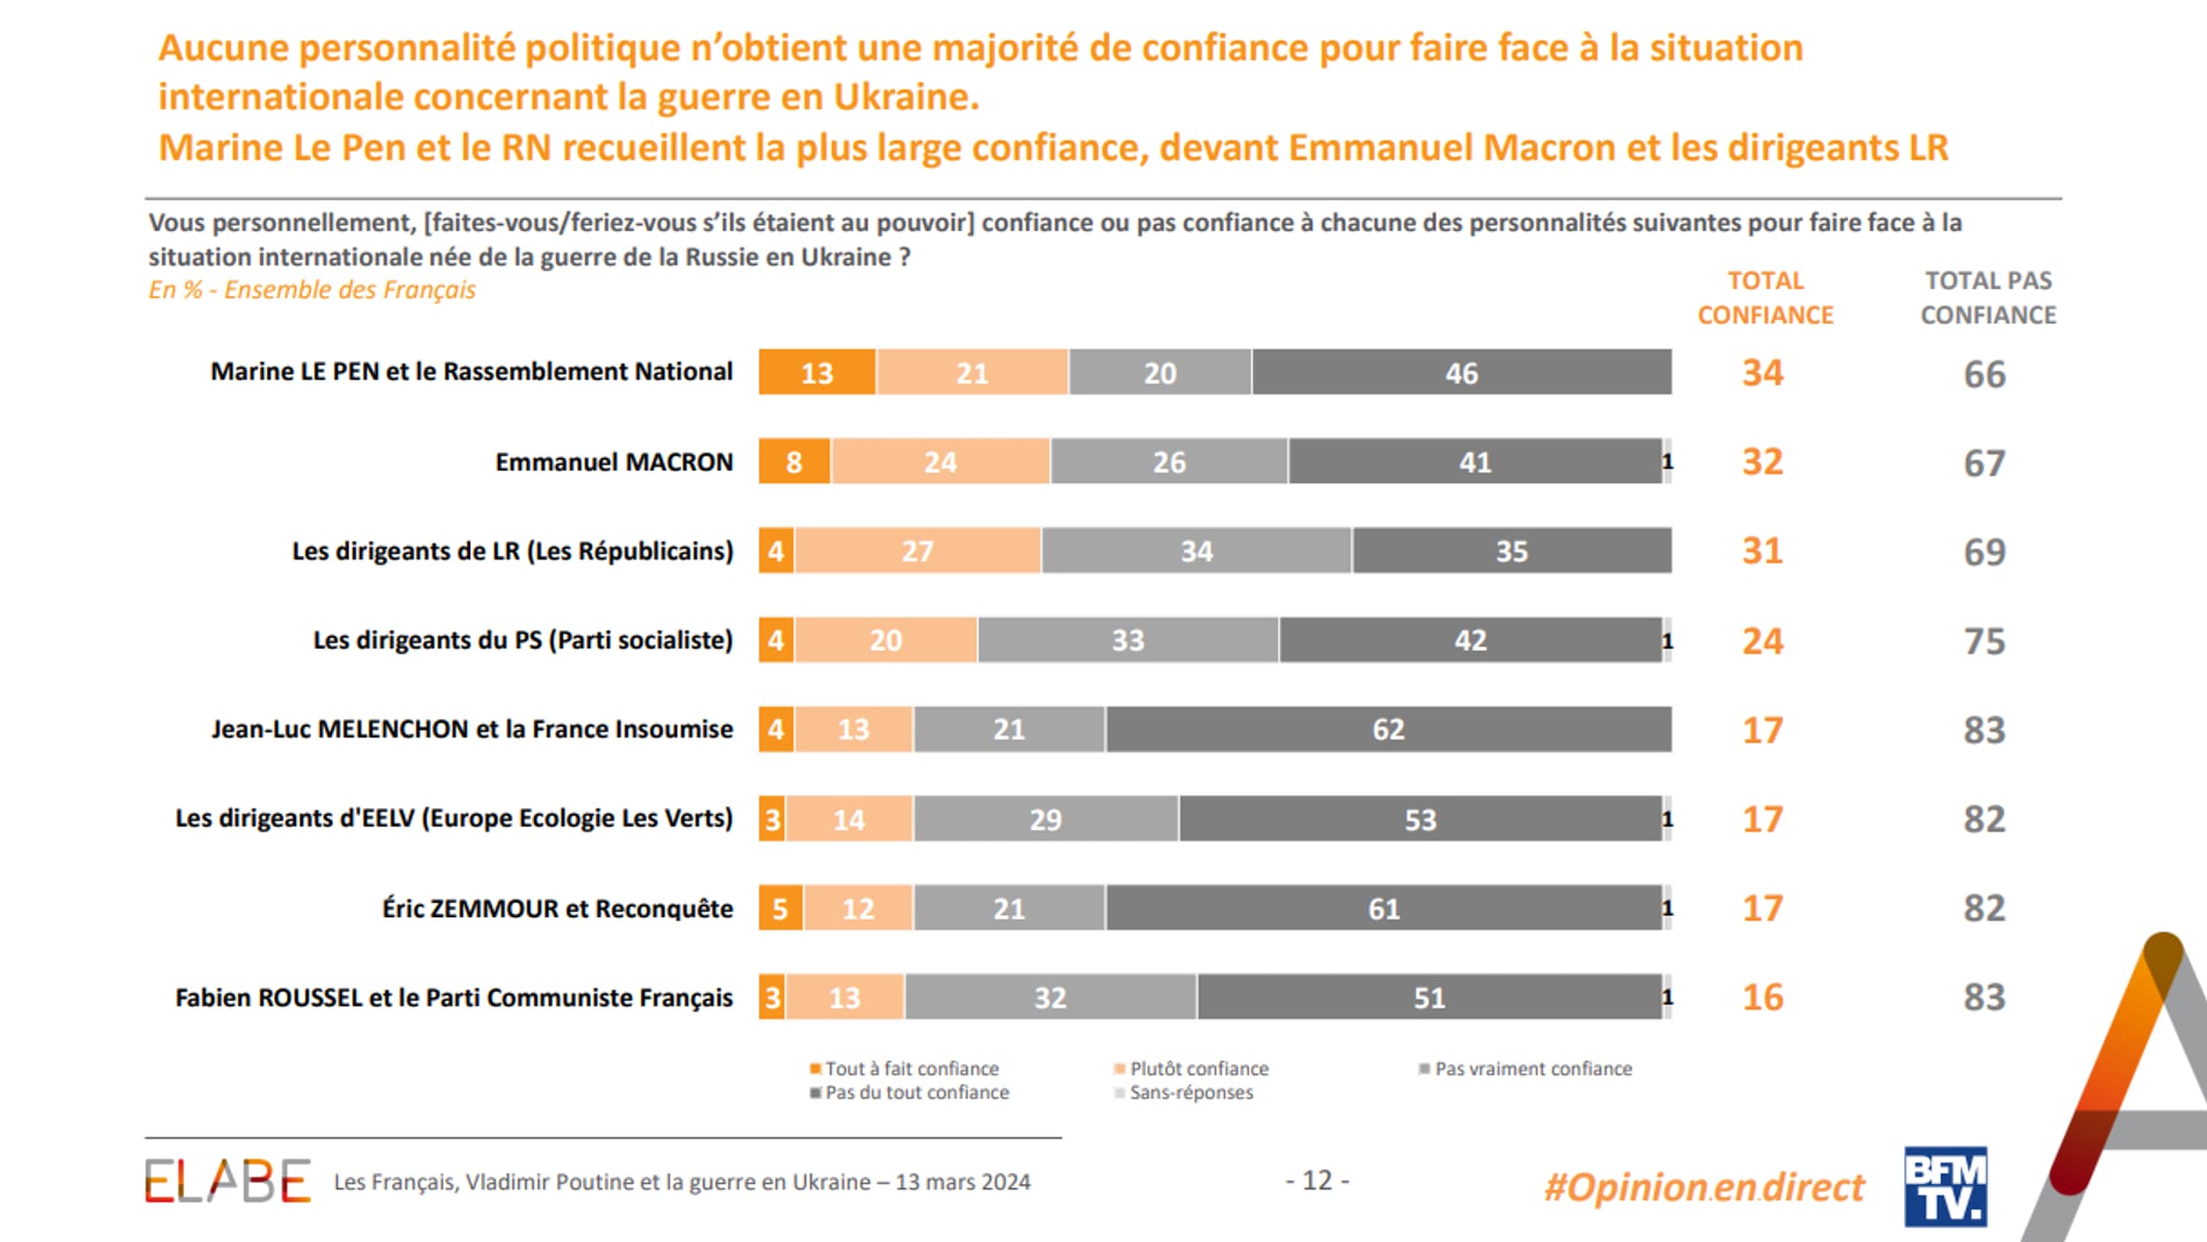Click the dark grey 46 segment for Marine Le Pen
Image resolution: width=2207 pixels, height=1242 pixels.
coord(1461,373)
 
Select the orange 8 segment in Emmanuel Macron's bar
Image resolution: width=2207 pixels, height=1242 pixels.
coord(794,462)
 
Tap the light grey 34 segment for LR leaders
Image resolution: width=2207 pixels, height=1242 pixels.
coord(1196,551)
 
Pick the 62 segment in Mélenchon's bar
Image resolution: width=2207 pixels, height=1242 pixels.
coord(1388,729)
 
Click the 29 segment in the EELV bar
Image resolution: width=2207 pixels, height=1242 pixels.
coord(1045,820)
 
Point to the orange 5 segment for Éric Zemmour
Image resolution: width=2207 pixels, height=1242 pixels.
coord(780,908)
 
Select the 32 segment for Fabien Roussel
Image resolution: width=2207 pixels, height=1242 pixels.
coord(1050,997)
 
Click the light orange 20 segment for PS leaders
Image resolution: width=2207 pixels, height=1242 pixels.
coord(885,641)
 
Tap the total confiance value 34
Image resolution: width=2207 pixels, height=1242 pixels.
coord(1762,373)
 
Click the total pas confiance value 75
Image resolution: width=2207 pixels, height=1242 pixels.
coord(1984,641)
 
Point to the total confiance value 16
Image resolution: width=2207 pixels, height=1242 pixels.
coord(1762,997)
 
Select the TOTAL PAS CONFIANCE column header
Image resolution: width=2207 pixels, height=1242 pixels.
coord(1988,298)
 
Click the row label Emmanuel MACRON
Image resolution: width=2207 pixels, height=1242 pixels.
coord(614,462)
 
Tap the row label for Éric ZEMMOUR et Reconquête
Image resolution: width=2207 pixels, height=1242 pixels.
coord(557,908)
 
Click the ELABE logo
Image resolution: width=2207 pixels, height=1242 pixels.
coord(227,1181)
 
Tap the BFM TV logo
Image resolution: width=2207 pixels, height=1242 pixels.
coord(1945,1186)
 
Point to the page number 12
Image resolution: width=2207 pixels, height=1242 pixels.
coord(1316,1181)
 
